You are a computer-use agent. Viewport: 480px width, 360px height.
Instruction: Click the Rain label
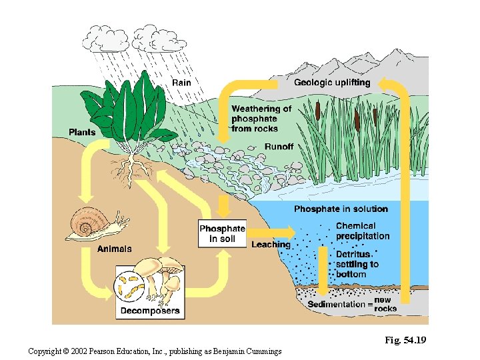[181, 83]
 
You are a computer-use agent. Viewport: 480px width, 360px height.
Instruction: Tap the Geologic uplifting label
[332, 83]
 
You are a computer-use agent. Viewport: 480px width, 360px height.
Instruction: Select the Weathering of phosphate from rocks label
[261, 119]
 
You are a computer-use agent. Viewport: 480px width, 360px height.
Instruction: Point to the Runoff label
[279, 147]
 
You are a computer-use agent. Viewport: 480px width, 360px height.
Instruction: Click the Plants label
[82, 132]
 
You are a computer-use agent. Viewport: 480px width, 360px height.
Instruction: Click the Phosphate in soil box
[222, 233]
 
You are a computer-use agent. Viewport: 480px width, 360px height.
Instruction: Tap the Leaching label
[271, 245]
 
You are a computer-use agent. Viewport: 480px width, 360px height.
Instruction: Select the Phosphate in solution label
[341, 209]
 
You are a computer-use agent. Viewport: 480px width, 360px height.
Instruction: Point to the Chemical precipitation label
[363, 231]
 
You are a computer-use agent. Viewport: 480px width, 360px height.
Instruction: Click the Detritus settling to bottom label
[357, 264]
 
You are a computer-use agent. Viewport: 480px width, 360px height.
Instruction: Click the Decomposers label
[149, 311]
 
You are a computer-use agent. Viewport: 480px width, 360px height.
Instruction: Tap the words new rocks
[385, 304]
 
